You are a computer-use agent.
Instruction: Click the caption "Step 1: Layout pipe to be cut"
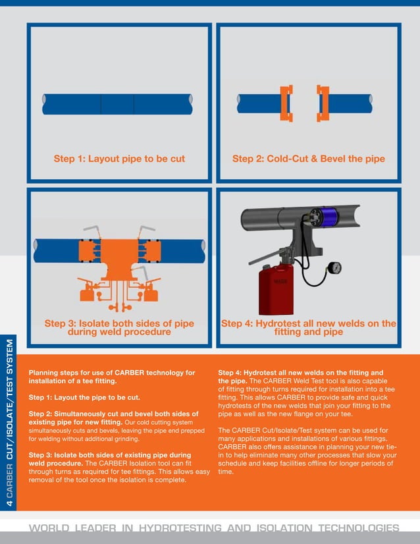click(x=119, y=159)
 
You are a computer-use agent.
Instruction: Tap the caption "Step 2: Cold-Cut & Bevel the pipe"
click(x=308, y=159)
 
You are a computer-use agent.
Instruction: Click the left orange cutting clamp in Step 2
click(x=286, y=103)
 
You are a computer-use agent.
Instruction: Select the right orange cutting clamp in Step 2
click(x=323, y=103)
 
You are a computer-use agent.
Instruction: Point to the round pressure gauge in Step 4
click(x=334, y=267)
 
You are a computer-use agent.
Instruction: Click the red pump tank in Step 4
click(x=276, y=290)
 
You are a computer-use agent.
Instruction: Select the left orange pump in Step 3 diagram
click(x=87, y=290)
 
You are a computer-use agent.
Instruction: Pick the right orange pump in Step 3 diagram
click(x=150, y=290)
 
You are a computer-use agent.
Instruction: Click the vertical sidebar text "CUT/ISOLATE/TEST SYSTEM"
click(x=10, y=399)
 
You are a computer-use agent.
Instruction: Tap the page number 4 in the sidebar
click(x=10, y=502)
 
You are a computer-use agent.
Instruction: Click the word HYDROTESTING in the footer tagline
click(x=180, y=528)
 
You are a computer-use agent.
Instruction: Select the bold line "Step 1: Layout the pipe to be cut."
click(x=84, y=398)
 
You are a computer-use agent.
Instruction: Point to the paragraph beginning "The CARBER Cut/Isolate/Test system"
click(x=307, y=450)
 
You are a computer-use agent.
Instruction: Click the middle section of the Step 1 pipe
click(x=117, y=104)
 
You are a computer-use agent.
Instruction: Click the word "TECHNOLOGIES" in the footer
click(x=359, y=528)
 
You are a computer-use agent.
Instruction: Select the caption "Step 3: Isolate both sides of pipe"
click(x=119, y=323)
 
